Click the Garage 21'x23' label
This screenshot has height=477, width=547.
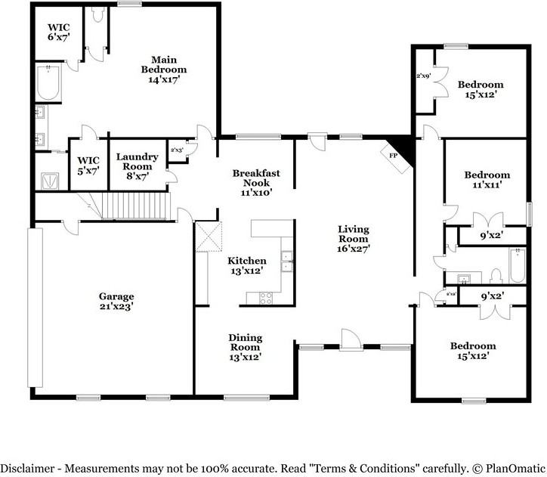(116, 302)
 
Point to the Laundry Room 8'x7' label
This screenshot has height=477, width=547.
(137, 166)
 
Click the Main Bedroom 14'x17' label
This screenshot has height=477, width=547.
(164, 69)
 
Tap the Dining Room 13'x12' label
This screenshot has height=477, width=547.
(246, 347)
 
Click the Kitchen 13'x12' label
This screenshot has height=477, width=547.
(247, 265)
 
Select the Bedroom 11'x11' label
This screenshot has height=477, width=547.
(487, 179)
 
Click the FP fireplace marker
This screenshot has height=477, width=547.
(394, 154)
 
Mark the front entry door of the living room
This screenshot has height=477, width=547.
(351, 341)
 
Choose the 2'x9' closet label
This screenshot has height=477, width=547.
(423, 76)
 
